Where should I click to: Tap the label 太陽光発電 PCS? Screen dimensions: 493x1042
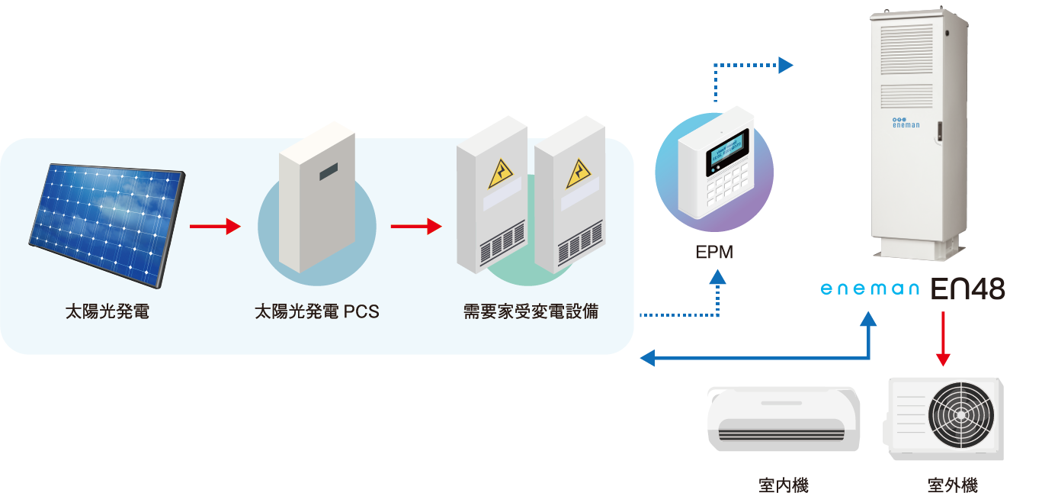pos(316,312)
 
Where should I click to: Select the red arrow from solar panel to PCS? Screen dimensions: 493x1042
pos(215,226)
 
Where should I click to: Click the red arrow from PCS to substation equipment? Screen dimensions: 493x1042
pos(416,226)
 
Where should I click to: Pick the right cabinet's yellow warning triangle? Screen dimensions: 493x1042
pos(579,175)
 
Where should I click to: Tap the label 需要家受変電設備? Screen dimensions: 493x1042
pos(531,312)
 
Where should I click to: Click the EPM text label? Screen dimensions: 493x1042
pos(714,253)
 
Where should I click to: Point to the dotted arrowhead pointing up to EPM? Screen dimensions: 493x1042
pos(717,280)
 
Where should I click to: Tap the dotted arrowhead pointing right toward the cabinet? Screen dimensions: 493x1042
pos(785,66)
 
